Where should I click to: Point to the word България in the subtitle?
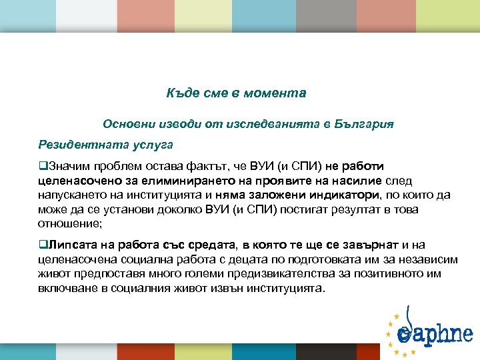(x=365, y=124)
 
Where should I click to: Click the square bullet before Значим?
(x=42, y=166)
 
